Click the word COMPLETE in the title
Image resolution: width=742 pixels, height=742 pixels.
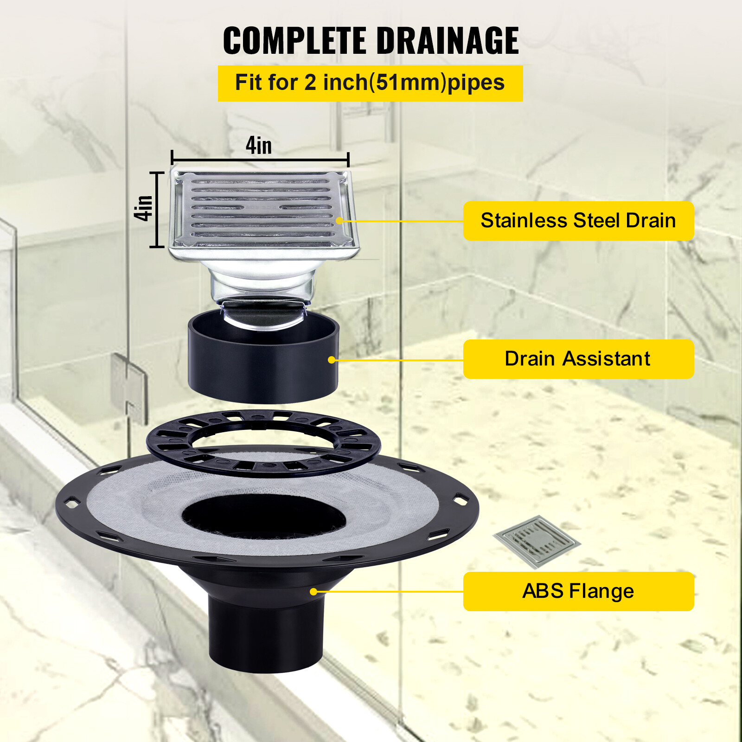tap(294, 41)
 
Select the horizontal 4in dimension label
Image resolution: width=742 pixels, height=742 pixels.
tap(259, 146)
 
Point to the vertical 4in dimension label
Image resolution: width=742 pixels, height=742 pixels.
tap(143, 208)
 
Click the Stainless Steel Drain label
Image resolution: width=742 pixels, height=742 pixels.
tap(578, 221)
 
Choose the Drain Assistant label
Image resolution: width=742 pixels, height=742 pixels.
tap(578, 359)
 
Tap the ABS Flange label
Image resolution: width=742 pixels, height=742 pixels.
tap(578, 591)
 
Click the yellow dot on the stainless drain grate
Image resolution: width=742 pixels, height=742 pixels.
tap(339, 221)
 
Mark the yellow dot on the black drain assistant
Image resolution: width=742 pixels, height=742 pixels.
tap(332, 360)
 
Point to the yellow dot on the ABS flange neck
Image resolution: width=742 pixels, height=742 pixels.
tap(313, 592)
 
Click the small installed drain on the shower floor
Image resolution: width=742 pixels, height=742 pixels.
tap(537, 541)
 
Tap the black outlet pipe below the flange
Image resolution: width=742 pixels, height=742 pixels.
tap(265, 635)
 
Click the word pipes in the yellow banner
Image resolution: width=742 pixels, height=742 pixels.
tap(476, 83)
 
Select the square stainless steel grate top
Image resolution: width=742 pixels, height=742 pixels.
tap(262, 209)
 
